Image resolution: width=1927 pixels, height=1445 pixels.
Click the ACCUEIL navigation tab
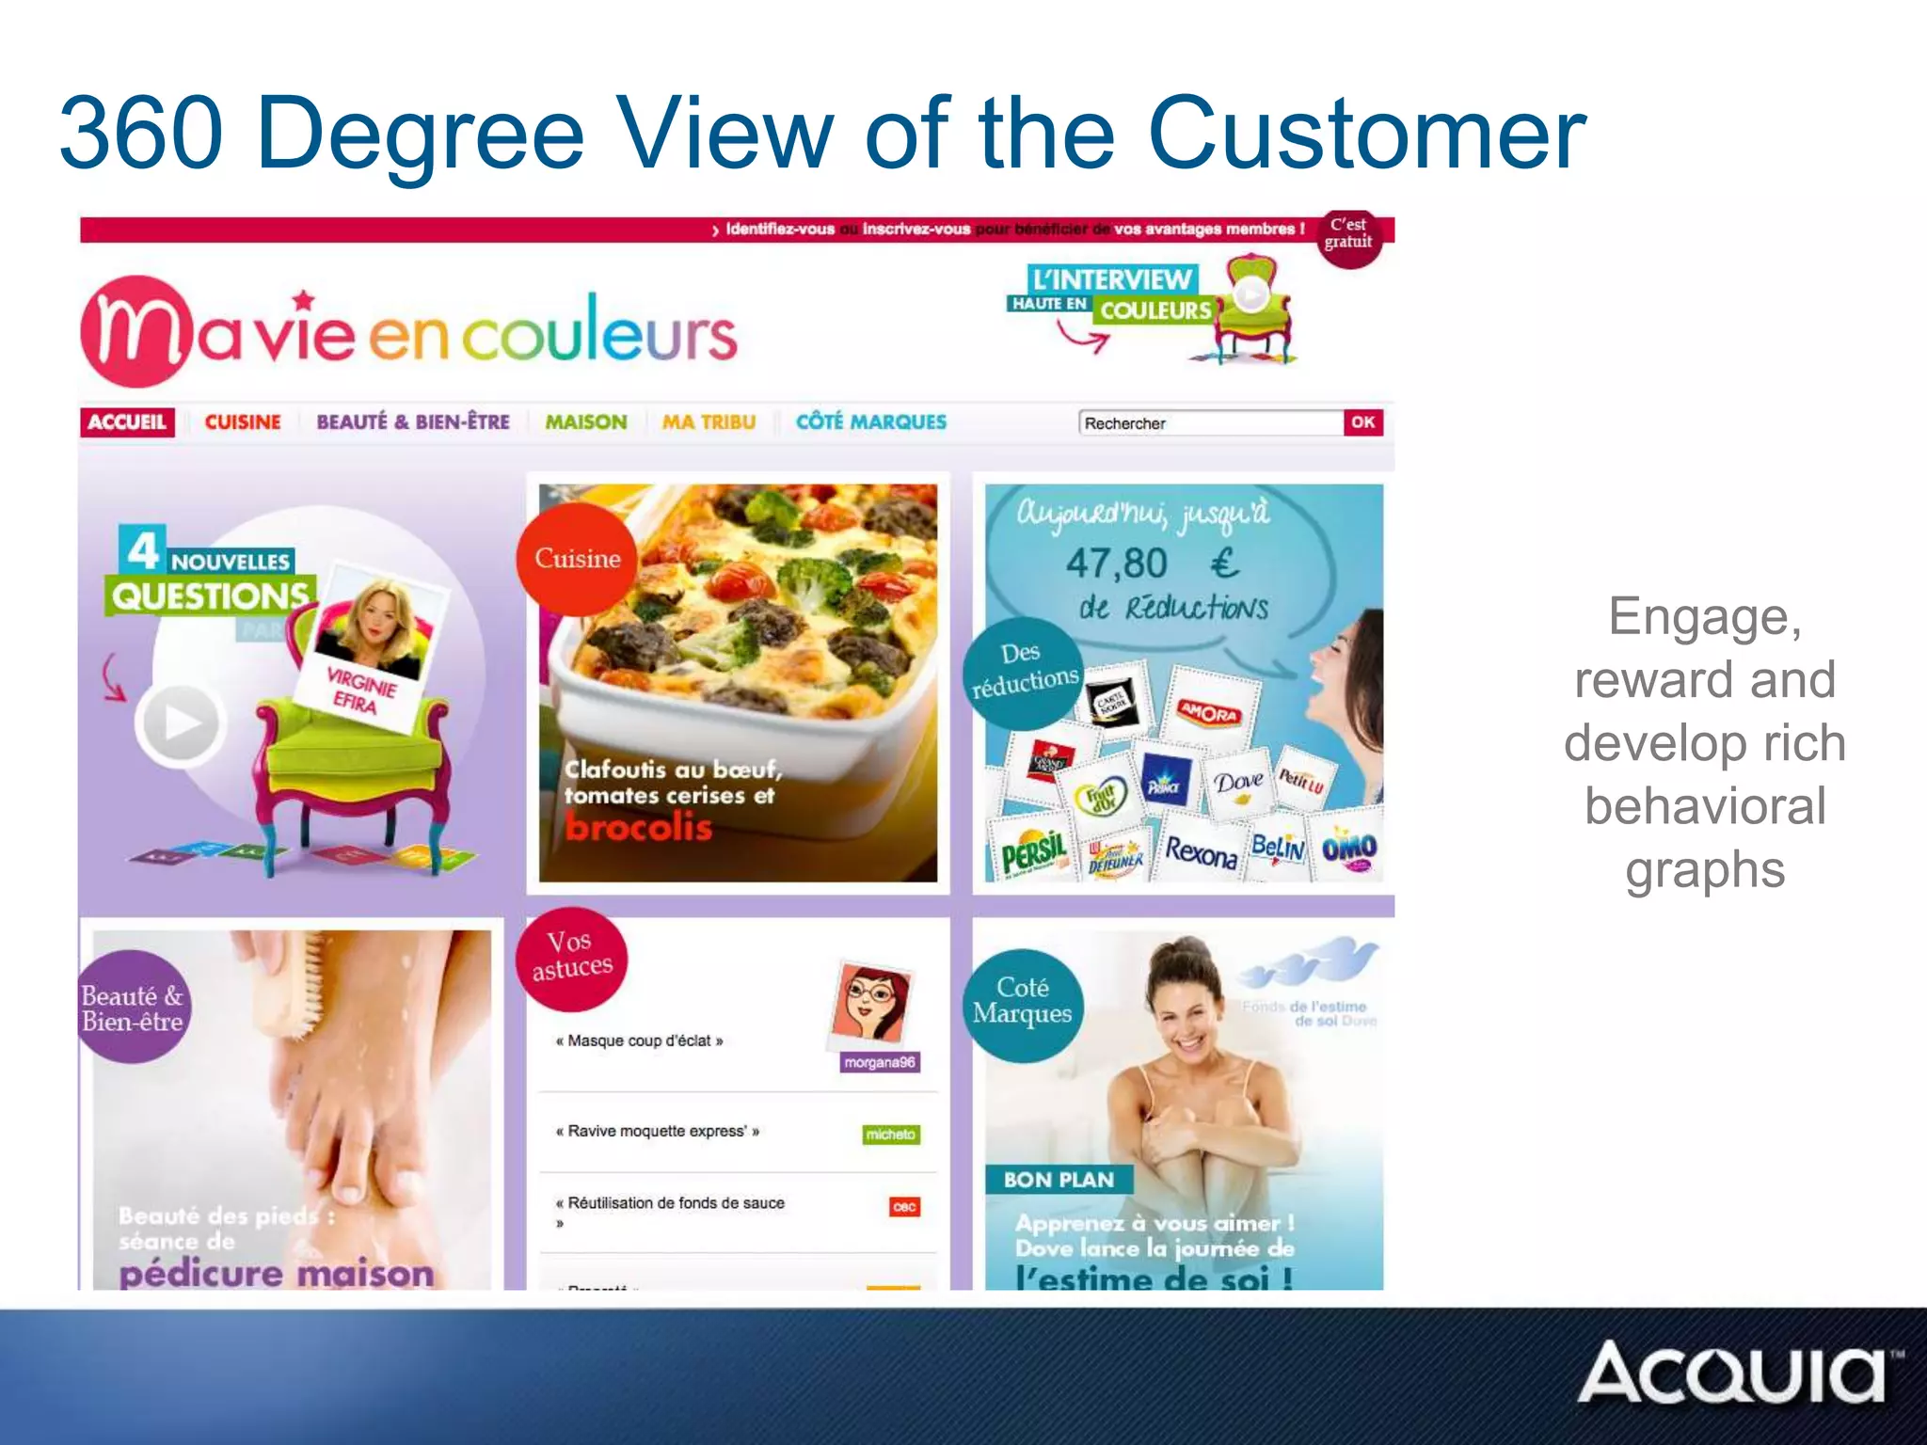[x=127, y=422]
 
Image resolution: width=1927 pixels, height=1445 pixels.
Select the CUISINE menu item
[x=243, y=422]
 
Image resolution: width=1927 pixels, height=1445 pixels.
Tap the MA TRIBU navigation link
[x=709, y=422]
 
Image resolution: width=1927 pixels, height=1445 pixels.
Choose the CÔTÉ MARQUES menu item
[x=871, y=422]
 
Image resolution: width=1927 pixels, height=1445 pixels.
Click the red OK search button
[x=1362, y=422]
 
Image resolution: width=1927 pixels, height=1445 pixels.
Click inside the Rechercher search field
[x=1209, y=423]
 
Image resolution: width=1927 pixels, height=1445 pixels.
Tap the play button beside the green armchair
[x=180, y=722]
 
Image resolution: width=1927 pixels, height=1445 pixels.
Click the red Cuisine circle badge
[x=577, y=559]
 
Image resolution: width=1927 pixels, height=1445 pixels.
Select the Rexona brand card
[x=1201, y=852]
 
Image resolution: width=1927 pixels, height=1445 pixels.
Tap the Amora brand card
[x=1209, y=713]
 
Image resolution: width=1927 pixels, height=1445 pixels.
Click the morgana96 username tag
[x=879, y=1062]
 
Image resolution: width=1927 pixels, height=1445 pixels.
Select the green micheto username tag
[x=890, y=1135]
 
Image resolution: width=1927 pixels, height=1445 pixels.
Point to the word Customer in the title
[x=1366, y=134]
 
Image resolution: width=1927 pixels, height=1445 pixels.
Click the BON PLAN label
[x=1059, y=1180]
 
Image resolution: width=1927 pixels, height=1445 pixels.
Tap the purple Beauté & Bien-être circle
[x=133, y=1008]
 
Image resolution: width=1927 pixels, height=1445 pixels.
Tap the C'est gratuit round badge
[x=1348, y=235]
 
